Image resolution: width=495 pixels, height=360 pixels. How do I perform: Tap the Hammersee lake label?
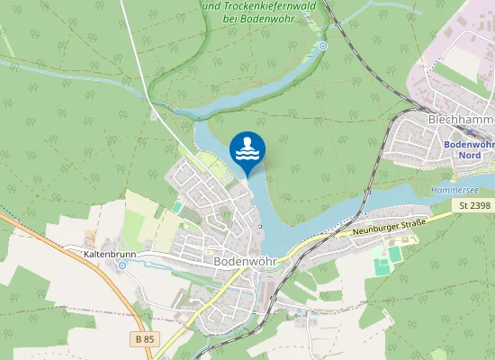click(450, 191)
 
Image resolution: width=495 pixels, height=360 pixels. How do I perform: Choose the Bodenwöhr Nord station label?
click(470, 149)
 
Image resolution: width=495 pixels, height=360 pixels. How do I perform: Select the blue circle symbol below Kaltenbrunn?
click(122, 265)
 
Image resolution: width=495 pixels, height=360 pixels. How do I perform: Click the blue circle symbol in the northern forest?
click(323, 45)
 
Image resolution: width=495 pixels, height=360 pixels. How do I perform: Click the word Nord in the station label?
click(470, 155)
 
